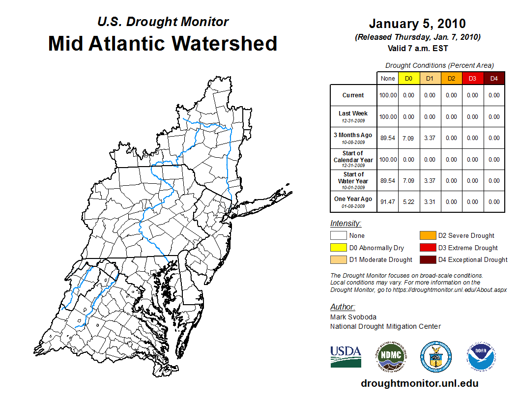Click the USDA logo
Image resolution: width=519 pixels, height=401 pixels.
click(346, 356)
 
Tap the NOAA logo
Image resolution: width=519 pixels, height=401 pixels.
click(481, 356)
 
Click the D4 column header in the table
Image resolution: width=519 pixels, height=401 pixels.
click(494, 79)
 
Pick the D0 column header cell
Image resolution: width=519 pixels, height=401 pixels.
click(409, 79)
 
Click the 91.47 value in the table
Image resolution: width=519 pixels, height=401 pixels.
click(388, 202)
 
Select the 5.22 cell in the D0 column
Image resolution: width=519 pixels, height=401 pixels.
click(409, 202)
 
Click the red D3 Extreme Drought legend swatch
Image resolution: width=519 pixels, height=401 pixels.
click(427, 248)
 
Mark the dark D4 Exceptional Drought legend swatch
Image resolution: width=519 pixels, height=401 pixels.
click(427, 259)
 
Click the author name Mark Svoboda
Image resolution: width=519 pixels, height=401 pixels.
click(349, 317)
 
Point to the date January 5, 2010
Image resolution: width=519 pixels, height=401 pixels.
click(417, 24)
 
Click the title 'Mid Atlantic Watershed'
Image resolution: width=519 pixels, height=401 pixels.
click(163, 43)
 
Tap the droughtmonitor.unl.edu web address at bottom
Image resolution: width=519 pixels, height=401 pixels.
click(419, 383)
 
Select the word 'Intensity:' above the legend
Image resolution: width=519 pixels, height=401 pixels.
click(346, 224)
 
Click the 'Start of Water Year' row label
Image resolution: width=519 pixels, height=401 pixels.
click(353, 180)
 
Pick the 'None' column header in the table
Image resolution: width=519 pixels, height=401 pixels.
click(388, 79)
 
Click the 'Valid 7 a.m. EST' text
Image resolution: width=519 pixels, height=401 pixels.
click(417, 48)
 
